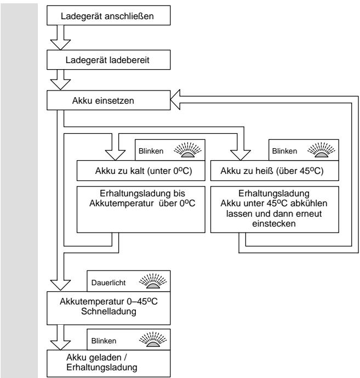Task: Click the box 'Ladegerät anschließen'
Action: click(x=108, y=15)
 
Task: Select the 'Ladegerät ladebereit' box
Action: click(x=108, y=60)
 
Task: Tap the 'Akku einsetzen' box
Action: click(x=108, y=100)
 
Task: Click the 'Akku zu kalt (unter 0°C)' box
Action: click(x=141, y=171)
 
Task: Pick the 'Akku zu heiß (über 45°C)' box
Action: click(x=275, y=171)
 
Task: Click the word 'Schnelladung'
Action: click(x=108, y=312)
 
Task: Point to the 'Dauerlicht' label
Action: click(x=108, y=283)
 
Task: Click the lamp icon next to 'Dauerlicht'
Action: click(x=153, y=281)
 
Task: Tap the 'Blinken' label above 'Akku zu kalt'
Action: click(x=151, y=151)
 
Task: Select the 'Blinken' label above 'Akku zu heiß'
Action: click(x=284, y=151)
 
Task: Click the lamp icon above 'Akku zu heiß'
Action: click(x=321, y=150)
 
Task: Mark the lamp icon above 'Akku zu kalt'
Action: click(x=187, y=150)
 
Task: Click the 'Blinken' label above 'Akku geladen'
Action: click(x=104, y=341)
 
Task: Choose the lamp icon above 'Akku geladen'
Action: click(x=153, y=340)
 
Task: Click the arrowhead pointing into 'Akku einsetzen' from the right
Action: click(x=175, y=100)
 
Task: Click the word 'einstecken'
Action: click(x=274, y=224)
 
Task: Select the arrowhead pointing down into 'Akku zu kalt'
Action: click(x=116, y=155)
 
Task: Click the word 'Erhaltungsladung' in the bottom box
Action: click(x=102, y=368)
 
